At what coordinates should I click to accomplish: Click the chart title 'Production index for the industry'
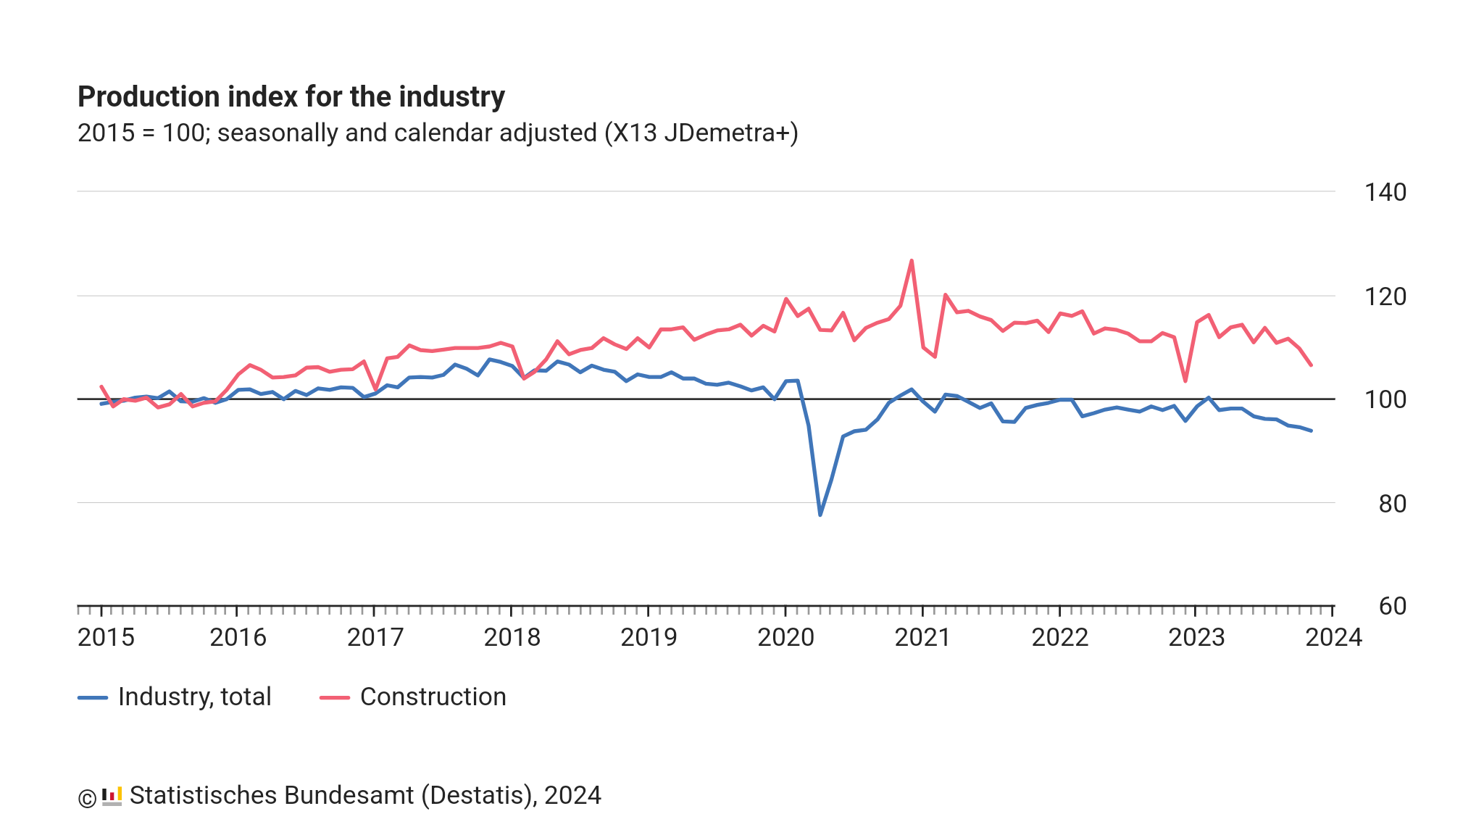pyautogui.click(x=291, y=96)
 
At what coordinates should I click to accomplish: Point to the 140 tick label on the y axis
pyautogui.click(x=1385, y=192)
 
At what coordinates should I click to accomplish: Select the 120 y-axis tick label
pyautogui.click(x=1385, y=296)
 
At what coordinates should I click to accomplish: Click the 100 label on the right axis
pyautogui.click(x=1385, y=399)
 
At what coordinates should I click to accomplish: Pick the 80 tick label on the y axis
pyautogui.click(x=1392, y=504)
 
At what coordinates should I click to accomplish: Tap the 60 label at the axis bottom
pyautogui.click(x=1392, y=606)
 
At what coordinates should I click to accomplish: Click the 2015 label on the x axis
pyautogui.click(x=106, y=637)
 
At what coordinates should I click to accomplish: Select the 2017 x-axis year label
pyautogui.click(x=375, y=637)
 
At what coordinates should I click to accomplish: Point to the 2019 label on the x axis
pyautogui.click(x=649, y=637)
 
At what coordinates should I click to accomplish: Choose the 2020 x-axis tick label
pyautogui.click(x=785, y=637)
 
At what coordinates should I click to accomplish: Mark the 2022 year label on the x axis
pyautogui.click(x=1059, y=637)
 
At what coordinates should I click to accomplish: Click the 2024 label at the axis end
pyautogui.click(x=1333, y=637)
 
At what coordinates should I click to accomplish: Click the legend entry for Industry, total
pyautogui.click(x=175, y=697)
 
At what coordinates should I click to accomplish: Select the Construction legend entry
pyautogui.click(x=413, y=697)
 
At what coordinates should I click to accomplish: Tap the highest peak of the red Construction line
pyautogui.click(x=911, y=260)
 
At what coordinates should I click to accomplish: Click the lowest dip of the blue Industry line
pyautogui.click(x=820, y=515)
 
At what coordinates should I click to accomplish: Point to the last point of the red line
pyautogui.click(x=1311, y=365)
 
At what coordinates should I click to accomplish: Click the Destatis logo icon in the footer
pyautogui.click(x=112, y=796)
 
